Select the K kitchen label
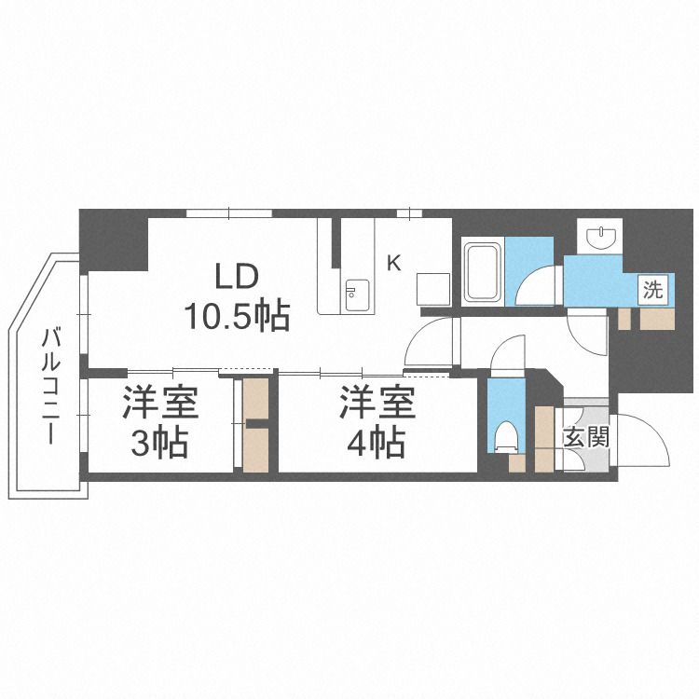click(393, 263)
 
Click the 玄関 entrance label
click(585, 436)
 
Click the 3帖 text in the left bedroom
click(159, 443)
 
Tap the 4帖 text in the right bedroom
click(376, 442)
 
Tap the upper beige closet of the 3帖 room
click(254, 400)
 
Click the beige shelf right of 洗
click(657, 320)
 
